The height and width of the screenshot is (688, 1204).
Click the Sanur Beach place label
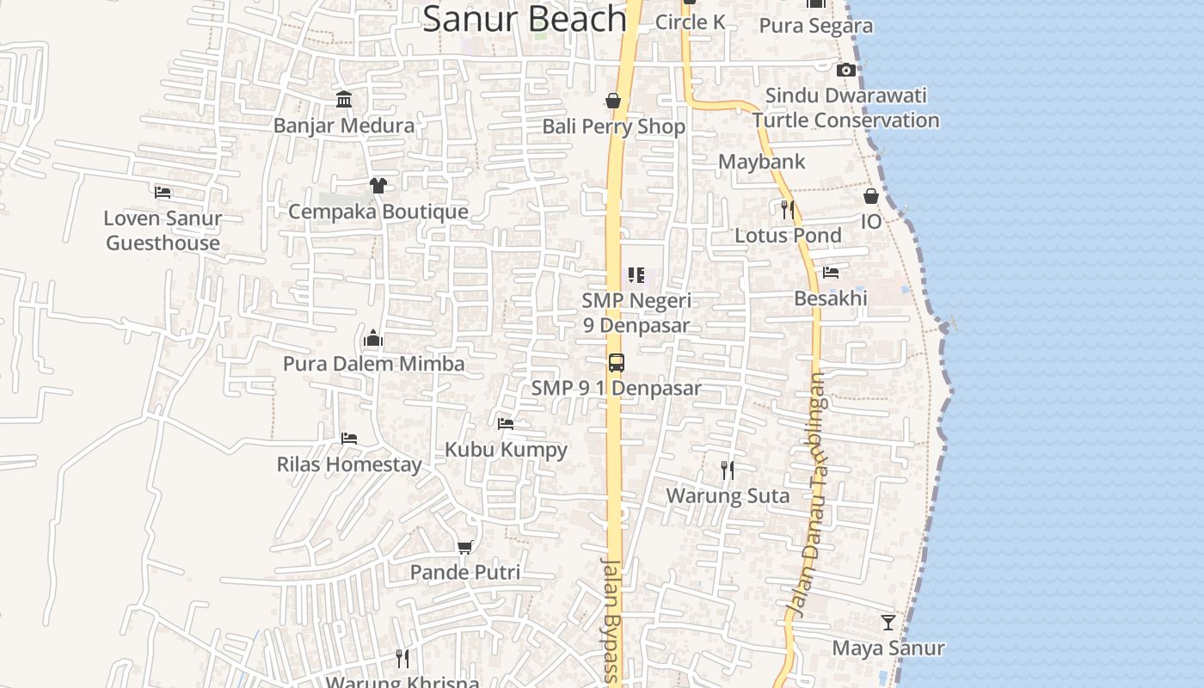click(x=525, y=19)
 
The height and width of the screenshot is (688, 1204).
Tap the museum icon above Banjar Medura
click(x=345, y=100)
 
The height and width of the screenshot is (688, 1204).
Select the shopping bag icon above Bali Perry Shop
click(x=613, y=101)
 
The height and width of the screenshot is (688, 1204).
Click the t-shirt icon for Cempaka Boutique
click(x=378, y=185)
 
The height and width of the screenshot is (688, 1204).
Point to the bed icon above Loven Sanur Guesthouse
click(x=163, y=192)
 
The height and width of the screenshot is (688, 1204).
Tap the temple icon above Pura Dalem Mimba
click(x=373, y=338)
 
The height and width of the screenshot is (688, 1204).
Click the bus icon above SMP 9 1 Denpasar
click(x=617, y=362)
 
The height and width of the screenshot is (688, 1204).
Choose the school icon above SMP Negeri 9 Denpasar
click(x=636, y=275)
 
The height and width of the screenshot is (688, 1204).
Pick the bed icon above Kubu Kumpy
click(x=506, y=423)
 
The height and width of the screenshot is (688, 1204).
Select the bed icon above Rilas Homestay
click(x=349, y=439)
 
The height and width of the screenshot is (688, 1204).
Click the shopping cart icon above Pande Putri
click(x=465, y=547)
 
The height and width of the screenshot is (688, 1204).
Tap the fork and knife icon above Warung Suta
click(x=728, y=470)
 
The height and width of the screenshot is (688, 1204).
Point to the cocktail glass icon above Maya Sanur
click(x=888, y=622)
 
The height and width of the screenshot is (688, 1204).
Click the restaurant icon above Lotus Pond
click(x=787, y=209)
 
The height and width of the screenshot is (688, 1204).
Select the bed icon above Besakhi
click(x=831, y=273)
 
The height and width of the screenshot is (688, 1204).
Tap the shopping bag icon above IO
click(x=871, y=196)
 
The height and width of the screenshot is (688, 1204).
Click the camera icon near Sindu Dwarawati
click(x=846, y=71)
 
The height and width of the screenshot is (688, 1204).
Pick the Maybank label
click(x=762, y=162)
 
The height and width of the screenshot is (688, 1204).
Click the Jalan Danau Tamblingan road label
click(x=809, y=494)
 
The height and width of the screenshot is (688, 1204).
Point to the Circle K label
click(x=691, y=22)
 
